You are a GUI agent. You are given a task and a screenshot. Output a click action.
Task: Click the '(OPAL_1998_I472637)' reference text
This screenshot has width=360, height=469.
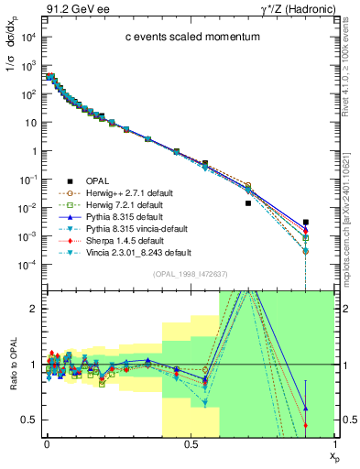190,274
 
